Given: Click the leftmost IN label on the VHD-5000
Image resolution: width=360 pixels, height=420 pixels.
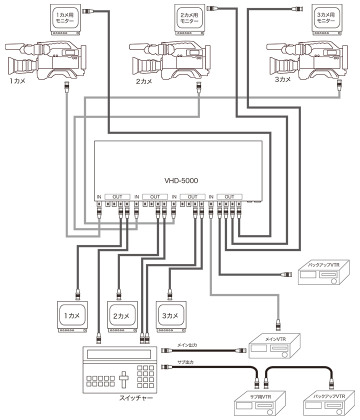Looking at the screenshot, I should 98,197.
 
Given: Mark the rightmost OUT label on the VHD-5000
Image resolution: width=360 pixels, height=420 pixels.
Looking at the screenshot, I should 229,197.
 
